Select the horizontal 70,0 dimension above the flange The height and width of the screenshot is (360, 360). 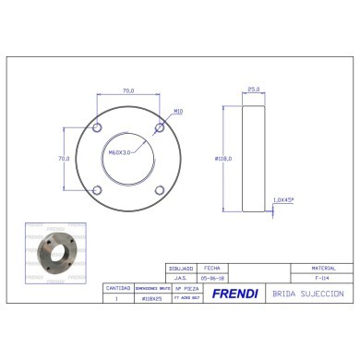pos(128,90)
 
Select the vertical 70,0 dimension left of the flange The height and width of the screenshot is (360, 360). pos(64,159)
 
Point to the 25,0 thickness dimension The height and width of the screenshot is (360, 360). pos(253,90)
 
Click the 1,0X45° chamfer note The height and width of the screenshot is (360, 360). pos(282,199)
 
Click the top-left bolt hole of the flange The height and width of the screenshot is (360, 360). pos(96,126)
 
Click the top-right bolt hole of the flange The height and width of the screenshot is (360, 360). pos(161,126)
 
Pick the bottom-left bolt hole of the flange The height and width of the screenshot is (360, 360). pos(96,190)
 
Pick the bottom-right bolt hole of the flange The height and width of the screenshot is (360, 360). pos(161,190)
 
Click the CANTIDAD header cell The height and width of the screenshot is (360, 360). pos(117,286)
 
